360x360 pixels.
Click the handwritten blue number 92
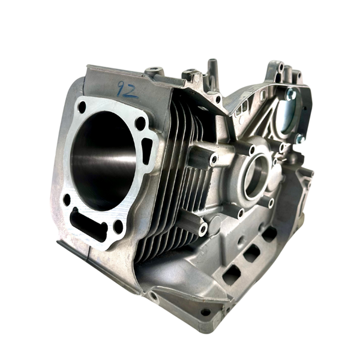[127, 91]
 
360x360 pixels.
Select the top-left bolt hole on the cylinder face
[82, 108]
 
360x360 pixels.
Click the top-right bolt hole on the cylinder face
[140, 124]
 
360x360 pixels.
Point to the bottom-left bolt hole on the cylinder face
[67, 199]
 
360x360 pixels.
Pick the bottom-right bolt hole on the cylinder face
[118, 226]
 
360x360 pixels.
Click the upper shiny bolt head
[292, 94]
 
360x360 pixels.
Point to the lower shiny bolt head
[299, 139]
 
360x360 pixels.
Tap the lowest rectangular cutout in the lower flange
[231, 274]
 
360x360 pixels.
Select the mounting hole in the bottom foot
[206, 312]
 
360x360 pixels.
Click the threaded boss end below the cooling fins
[203, 229]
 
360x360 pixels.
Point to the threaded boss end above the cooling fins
[214, 160]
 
